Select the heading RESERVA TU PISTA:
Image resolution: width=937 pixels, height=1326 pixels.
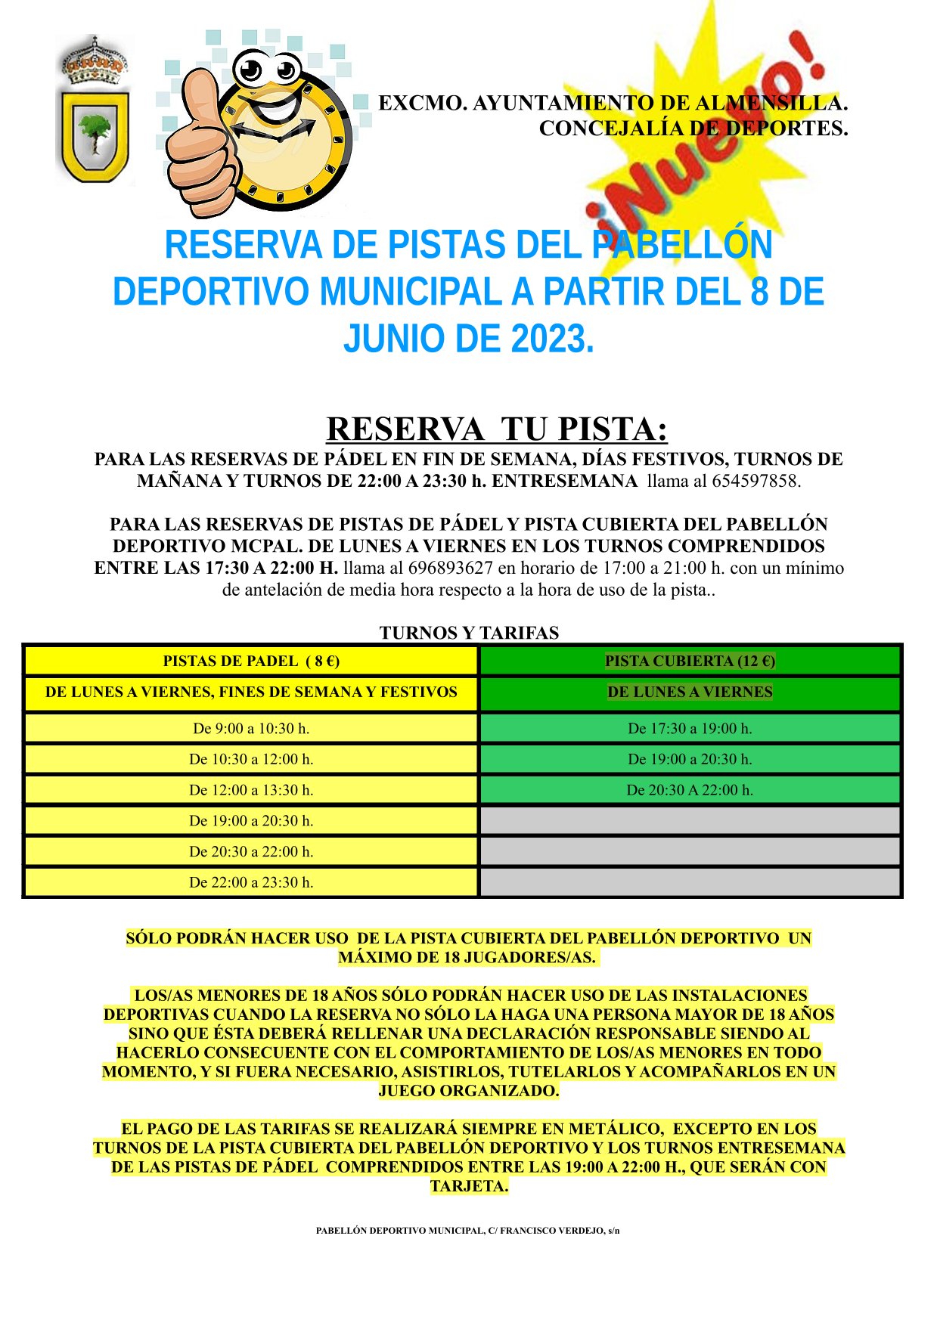click(497, 429)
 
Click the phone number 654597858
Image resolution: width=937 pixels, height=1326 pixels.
click(755, 481)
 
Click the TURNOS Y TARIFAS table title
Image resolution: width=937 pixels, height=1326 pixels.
click(469, 633)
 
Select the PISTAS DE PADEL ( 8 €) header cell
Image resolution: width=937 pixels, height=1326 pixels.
click(251, 661)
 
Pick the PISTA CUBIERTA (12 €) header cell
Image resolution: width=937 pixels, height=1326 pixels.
click(690, 661)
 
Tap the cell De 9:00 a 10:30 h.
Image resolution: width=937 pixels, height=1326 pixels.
click(251, 729)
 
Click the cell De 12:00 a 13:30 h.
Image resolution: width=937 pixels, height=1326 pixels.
click(251, 790)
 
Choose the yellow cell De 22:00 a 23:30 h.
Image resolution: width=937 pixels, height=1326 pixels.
click(251, 882)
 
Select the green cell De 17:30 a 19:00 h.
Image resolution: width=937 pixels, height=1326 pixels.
click(690, 729)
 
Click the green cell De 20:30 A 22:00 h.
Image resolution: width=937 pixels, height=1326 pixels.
click(690, 790)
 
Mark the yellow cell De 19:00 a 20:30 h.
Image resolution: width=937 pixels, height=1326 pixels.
click(251, 821)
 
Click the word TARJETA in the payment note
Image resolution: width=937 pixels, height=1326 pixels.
click(469, 1186)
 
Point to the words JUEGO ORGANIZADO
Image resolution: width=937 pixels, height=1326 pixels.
click(469, 1091)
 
